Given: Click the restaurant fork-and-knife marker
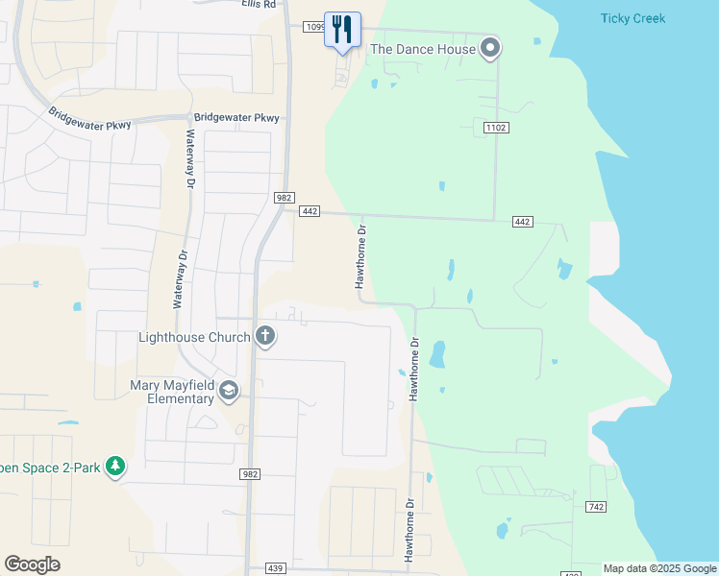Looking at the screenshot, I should tap(342, 29).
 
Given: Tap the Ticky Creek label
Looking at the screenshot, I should tap(632, 18).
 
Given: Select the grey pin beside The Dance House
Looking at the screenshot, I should tap(490, 48).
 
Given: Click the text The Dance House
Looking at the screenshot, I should tap(423, 49).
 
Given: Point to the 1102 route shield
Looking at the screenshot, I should tap(496, 128).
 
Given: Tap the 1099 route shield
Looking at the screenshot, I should tap(316, 27).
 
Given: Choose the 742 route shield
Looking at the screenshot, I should tap(595, 506).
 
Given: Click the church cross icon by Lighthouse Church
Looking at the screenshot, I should tap(264, 337).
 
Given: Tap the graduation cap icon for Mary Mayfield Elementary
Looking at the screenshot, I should tap(229, 390).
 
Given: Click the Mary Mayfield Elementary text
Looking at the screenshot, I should tap(172, 392).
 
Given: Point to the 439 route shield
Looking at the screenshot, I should tap(275, 568).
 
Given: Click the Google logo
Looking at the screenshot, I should tap(32, 564).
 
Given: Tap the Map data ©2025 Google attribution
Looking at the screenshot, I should tap(660, 568).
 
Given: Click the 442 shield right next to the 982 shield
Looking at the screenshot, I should tap(309, 211).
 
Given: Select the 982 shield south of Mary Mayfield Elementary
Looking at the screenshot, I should tap(249, 474).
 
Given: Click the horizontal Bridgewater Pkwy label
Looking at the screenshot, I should tap(236, 118).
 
